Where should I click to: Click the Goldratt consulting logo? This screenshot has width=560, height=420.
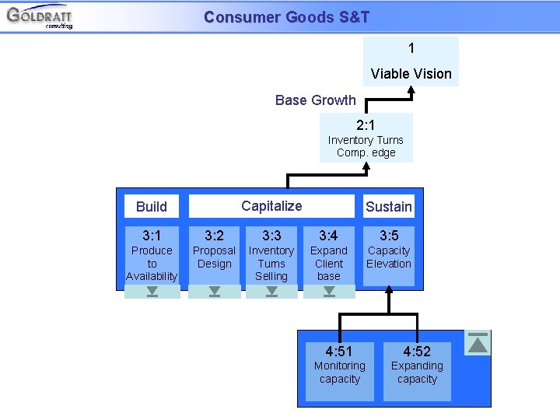tap(40, 16)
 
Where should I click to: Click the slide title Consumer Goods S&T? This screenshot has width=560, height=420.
tap(286, 17)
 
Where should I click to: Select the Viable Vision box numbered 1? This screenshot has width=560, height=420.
tap(411, 61)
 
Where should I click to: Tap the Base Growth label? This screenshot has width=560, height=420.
tap(315, 100)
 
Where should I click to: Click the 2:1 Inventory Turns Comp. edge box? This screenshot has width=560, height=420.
tap(366, 138)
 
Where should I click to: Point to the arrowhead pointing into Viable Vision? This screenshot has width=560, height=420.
tap(411, 90)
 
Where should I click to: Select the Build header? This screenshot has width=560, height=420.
tap(152, 206)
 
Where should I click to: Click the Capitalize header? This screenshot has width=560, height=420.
tap(271, 206)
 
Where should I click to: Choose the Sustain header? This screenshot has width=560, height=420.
tap(388, 206)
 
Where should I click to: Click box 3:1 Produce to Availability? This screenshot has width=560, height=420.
tap(152, 255)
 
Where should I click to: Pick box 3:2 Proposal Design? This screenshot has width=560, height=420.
tap(214, 255)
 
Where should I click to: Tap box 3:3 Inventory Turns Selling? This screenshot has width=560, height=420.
tap(271, 255)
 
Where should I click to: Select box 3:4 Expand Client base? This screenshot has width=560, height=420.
tap(328, 255)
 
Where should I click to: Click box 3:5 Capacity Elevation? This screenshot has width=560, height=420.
tap(388, 255)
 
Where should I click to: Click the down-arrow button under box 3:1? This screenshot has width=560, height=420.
tap(152, 292)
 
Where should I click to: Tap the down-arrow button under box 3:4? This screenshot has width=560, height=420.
tap(329, 292)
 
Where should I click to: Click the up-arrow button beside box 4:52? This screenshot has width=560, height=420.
tap(478, 343)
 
